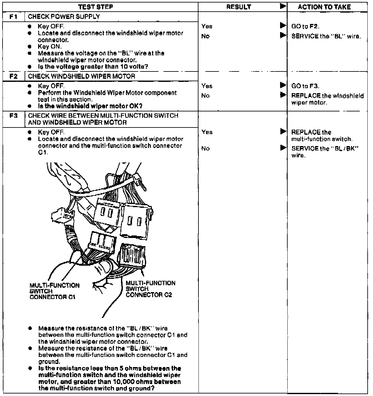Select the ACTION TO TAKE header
[324, 7]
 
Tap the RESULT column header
[239, 7]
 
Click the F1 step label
[13, 17]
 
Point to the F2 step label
[13, 76]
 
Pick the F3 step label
[13, 116]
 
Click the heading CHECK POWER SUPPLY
[64, 17]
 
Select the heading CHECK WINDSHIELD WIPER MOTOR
[82, 76]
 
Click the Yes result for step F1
[207, 26]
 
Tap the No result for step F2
[205, 96]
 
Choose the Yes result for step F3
[207, 132]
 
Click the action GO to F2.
[305, 26]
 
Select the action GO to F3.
[305, 86]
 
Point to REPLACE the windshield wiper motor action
[327, 99]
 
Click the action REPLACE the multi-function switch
[322, 136]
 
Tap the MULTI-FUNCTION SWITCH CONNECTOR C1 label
[54, 291]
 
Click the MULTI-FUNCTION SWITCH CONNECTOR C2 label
[150, 289]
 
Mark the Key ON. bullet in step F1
[50, 47]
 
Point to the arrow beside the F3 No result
[283, 148]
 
